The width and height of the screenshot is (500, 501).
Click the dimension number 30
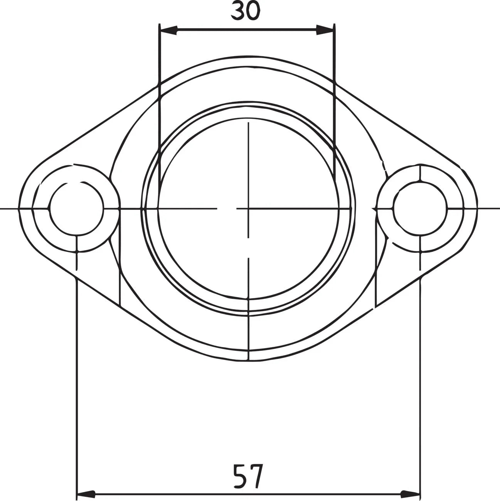(246, 11)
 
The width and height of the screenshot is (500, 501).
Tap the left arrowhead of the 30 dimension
(168, 30)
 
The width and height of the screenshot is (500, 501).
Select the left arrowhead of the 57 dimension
(86, 494)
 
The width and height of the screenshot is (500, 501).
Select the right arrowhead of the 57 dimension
(411, 494)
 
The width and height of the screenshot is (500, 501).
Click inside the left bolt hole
(77, 208)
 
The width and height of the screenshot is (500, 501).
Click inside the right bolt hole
(421, 208)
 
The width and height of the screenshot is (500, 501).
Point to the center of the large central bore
(248, 208)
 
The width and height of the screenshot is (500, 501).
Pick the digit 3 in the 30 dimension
(237, 11)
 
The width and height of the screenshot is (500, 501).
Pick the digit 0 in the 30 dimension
(253, 11)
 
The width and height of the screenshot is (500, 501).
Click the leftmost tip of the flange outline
(20, 208)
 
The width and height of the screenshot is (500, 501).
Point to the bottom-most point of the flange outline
(248, 361)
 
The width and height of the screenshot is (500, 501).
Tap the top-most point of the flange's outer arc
(248, 57)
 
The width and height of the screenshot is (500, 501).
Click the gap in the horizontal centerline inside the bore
(227, 208)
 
